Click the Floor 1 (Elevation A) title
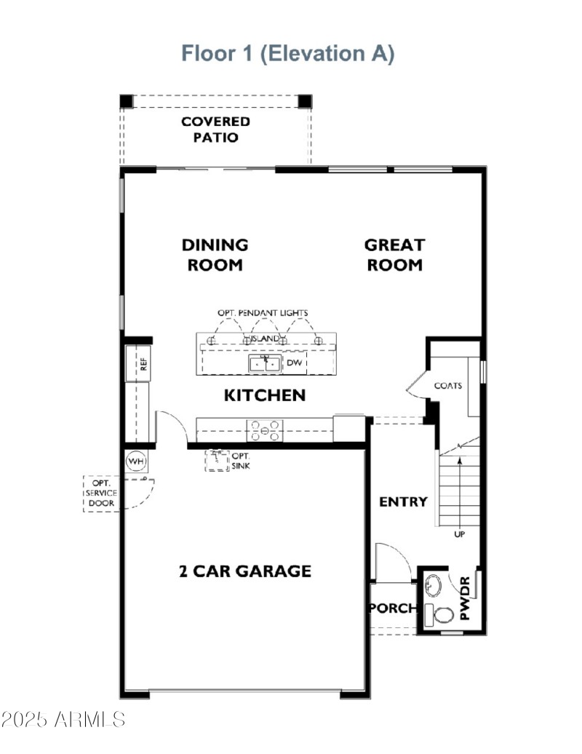click(x=287, y=54)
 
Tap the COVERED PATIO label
click(x=215, y=129)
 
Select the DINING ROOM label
click(x=215, y=255)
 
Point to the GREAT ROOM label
click(x=394, y=255)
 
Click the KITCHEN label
click(x=264, y=395)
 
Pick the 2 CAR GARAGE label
click(x=244, y=571)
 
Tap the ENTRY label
click(x=403, y=501)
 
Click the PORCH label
click(x=393, y=608)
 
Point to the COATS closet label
click(x=448, y=385)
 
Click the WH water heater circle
click(x=135, y=461)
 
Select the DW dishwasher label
click(x=295, y=362)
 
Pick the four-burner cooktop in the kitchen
click(x=266, y=431)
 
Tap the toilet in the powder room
click(x=441, y=614)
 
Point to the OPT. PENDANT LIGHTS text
click(x=263, y=313)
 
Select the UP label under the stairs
click(x=459, y=533)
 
